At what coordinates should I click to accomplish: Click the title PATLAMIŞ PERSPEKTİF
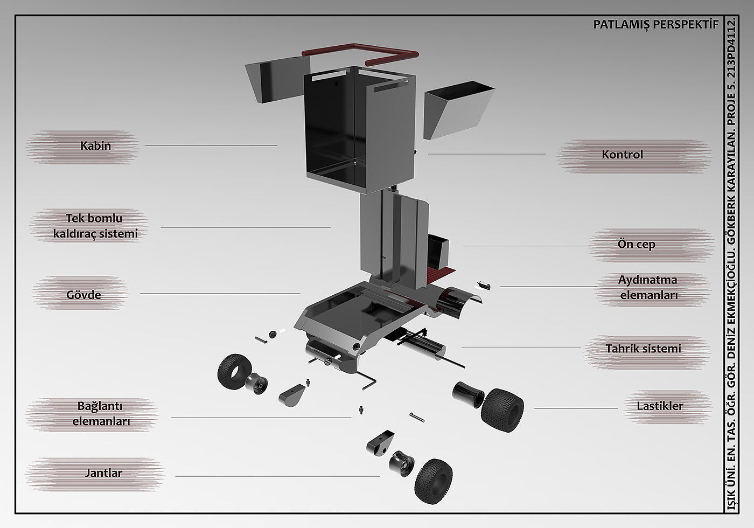click(x=655, y=25)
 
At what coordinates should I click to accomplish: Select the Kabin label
click(x=95, y=145)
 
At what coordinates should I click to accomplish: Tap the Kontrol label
click(x=623, y=155)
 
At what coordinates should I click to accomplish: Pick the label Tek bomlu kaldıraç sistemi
click(x=95, y=226)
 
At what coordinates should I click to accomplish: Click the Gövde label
click(x=83, y=295)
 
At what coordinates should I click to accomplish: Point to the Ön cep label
click(x=636, y=244)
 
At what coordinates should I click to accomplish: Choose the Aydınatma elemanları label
click(x=648, y=287)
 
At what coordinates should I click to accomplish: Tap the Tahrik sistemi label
click(x=643, y=349)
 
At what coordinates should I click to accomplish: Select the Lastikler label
click(x=659, y=406)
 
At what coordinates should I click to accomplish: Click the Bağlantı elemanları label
click(x=101, y=413)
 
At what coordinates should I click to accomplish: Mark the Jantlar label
click(x=103, y=473)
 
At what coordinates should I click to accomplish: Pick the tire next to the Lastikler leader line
click(x=502, y=407)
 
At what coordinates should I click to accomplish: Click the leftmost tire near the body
click(x=233, y=371)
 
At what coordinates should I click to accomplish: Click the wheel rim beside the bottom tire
click(x=402, y=465)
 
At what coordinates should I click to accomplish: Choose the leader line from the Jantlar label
click(x=277, y=476)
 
